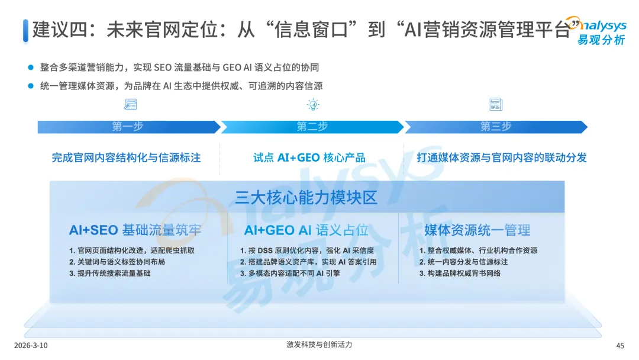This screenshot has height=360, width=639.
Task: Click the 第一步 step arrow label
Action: [127, 127]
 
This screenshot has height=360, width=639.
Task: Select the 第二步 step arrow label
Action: [312, 127]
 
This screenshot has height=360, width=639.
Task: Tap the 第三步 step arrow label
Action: [495, 127]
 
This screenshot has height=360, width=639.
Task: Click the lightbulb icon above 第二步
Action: [312, 105]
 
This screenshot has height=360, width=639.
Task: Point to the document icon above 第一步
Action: [130, 105]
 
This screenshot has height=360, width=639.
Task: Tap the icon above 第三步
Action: [496, 105]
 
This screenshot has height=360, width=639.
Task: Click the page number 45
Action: [620, 346]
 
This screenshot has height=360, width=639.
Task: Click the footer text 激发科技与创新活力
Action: [319, 345]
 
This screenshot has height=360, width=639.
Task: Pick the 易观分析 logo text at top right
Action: [601, 40]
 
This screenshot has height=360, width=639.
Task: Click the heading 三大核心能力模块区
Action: [306, 197]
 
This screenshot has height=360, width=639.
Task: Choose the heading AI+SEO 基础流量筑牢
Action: [135, 230]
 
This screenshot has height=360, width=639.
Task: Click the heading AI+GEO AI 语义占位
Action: [306, 230]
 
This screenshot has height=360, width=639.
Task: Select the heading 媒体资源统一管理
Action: [477, 230]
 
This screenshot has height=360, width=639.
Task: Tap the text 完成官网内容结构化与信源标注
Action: [126, 157]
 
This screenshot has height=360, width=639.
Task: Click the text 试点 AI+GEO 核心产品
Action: [309, 157]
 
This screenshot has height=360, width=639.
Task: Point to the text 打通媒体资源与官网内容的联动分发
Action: [501, 157]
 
